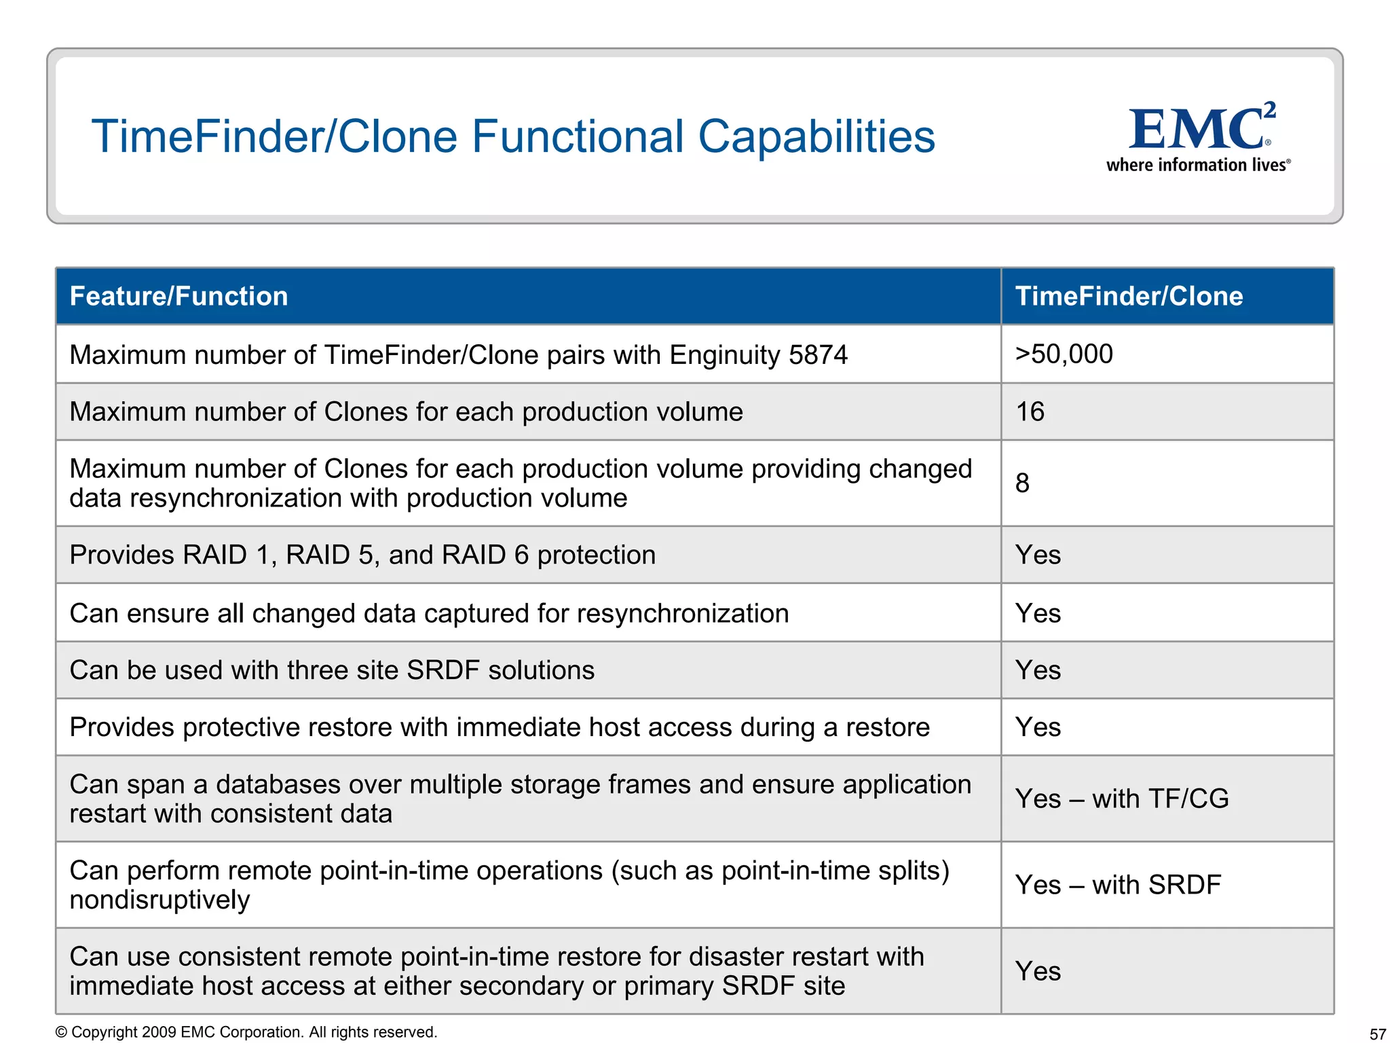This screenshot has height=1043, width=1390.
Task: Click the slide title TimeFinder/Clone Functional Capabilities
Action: [x=513, y=136]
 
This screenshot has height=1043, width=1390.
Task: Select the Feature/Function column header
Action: [x=179, y=297]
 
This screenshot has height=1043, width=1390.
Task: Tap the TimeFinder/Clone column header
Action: [x=1129, y=297]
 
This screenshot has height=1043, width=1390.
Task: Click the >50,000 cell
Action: [x=1064, y=354]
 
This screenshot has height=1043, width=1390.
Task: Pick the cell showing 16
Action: [x=1030, y=412]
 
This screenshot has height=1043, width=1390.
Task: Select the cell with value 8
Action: [x=1022, y=483]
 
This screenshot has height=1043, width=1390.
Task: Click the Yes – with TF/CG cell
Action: [x=1121, y=799]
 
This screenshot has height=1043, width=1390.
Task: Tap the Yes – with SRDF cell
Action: [x=1118, y=885]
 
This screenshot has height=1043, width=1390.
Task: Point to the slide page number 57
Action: [x=1377, y=1034]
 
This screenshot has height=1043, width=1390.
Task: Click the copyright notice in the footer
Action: [x=246, y=1032]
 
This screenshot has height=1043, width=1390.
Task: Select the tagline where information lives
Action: [x=1198, y=165]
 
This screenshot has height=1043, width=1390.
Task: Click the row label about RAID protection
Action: [x=362, y=555]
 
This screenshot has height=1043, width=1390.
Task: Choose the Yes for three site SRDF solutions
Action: [x=1038, y=670]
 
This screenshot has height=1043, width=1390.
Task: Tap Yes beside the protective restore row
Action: [x=1038, y=727]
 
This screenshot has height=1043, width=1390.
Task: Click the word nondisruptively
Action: [x=160, y=900]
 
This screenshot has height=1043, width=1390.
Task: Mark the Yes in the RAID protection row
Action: [x=1038, y=555]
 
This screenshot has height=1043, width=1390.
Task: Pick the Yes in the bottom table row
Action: [x=1038, y=971]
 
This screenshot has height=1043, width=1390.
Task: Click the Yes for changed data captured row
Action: [x=1038, y=613]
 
